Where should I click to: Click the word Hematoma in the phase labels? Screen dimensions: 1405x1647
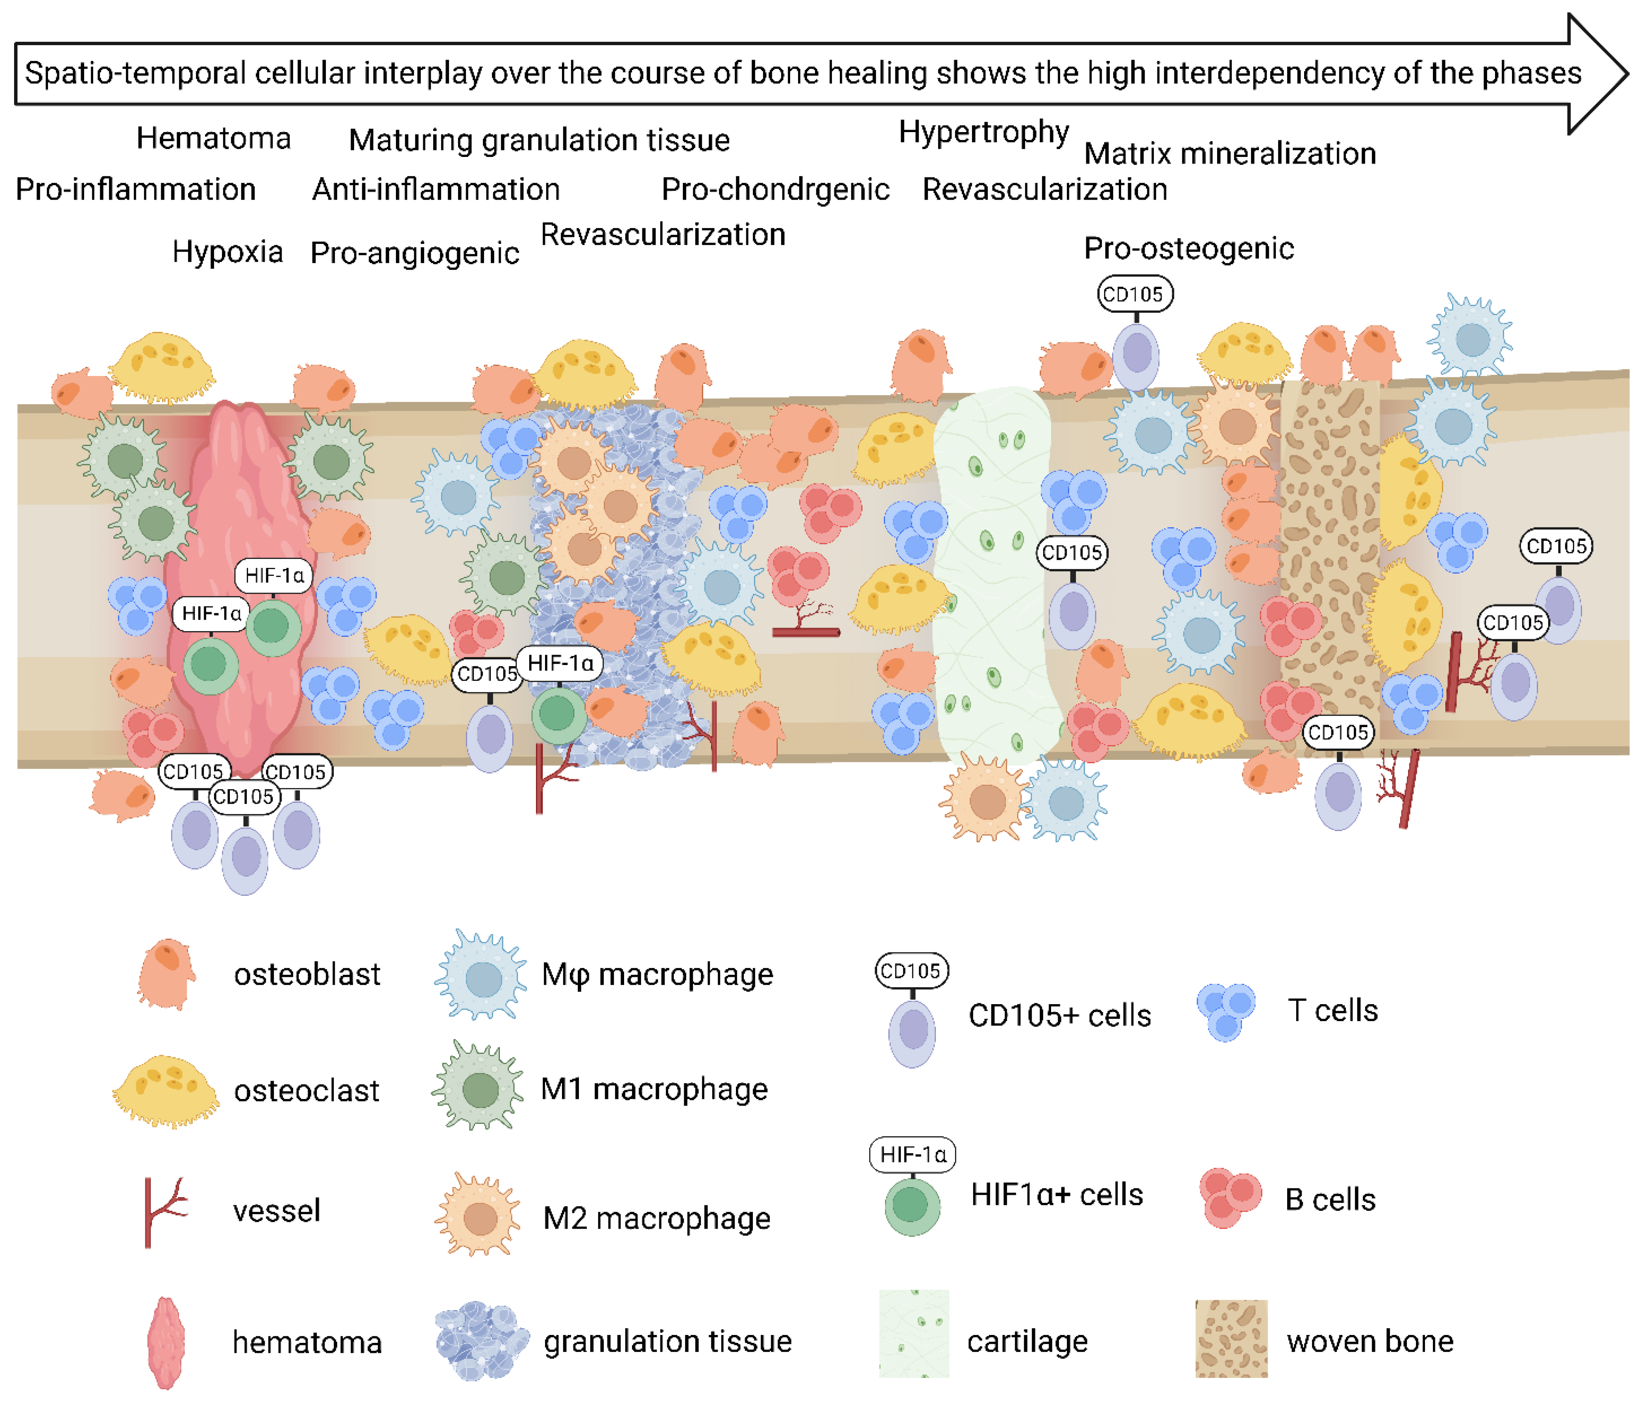coord(213,138)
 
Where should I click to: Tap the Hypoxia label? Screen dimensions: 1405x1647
coord(227,252)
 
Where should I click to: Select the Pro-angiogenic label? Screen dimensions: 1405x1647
coord(414,253)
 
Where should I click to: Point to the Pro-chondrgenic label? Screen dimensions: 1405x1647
coord(775,189)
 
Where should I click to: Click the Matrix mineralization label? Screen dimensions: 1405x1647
coord(1230,153)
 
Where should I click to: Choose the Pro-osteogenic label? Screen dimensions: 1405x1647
coord(1189,248)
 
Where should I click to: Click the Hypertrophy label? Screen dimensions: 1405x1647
coord(983,132)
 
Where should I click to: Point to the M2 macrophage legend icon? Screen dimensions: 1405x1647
coord(478,1216)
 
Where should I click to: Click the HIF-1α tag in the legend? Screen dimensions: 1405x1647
coord(912,1154)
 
